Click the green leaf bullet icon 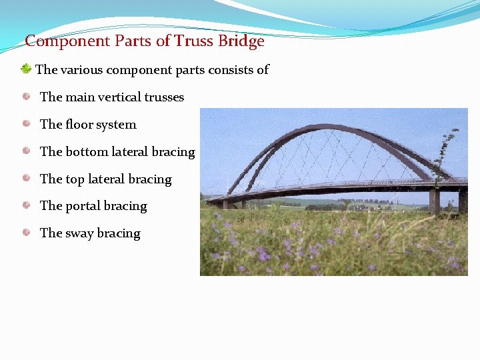pyautogui.click(x=25, y=69)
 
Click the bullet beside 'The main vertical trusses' pyautogui.click(x=26, y=97)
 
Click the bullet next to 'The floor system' pyautogui.click(x=26, y=124)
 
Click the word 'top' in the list pyautogui.click(x=75, y=179)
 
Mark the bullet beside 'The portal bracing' pyautogui.click(x=26, y=205)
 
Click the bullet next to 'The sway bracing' pyautogui.click(x=26, y=233)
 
